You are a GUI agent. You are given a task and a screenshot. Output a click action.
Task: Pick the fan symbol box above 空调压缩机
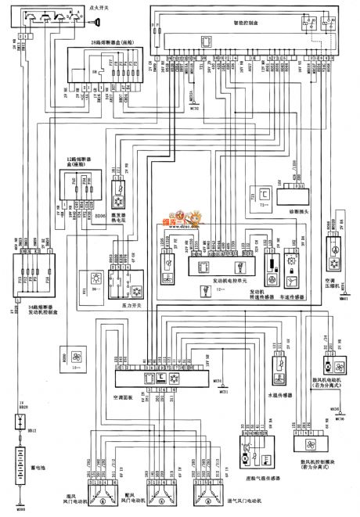pyautogui.click(x=336, y=255)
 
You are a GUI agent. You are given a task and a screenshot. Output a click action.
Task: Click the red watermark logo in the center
pyautogui.click(x=182, y=214)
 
